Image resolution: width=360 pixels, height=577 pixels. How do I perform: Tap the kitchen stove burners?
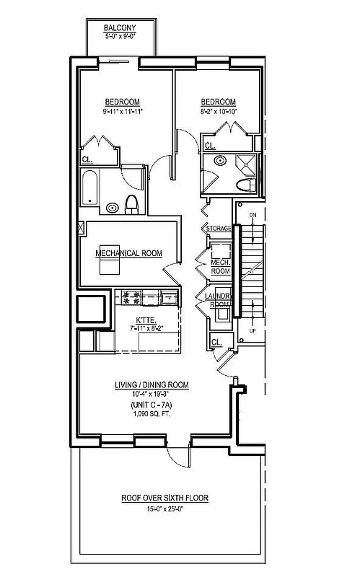(x=132, y=295)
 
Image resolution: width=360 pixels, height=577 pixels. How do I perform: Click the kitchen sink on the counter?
(x=167, y=296)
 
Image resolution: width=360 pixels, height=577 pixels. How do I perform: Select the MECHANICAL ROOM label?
(x=128, y=253)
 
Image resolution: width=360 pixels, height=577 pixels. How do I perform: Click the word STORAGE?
(x=219, y=229)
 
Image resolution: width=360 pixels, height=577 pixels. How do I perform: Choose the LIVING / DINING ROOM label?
(x=152, y=385)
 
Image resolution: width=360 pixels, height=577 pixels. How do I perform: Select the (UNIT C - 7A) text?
(x=152, y=406)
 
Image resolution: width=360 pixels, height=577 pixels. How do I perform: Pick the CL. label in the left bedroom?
(x=86, y=160)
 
